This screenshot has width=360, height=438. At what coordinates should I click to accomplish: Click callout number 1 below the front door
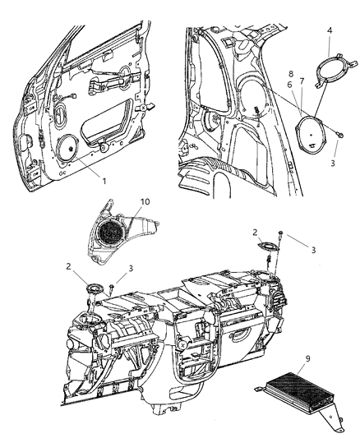click(x=104, y=181)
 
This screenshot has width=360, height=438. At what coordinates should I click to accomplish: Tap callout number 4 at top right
click(x=330, y=30)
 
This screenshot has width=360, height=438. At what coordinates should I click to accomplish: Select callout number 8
click(x=291, y=74)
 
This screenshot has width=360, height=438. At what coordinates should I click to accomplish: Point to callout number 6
click(x=289, y=85)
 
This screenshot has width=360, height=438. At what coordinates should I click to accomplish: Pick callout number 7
click(x=302, y=81)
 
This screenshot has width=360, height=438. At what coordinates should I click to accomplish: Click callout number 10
click(x=145, y=201)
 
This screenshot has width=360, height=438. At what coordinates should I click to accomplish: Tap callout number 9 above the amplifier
click(x=307, y=358)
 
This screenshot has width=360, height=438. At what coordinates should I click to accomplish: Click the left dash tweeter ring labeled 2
click(x=96, y=288)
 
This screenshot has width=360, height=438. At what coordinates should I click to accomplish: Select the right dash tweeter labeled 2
click(x=268, y=247)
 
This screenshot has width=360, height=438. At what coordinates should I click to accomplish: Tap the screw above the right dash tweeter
click(x=280, y=234)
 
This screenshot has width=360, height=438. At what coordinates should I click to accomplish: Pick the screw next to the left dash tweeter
click(x=112, y=288)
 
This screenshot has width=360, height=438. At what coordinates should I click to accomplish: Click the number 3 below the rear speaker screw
click(x=333, y=163)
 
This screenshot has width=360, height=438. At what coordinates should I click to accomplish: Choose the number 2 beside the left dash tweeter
click(x=69, y=266)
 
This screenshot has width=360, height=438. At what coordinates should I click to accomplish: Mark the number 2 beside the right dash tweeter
click(x=255, y=232)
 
